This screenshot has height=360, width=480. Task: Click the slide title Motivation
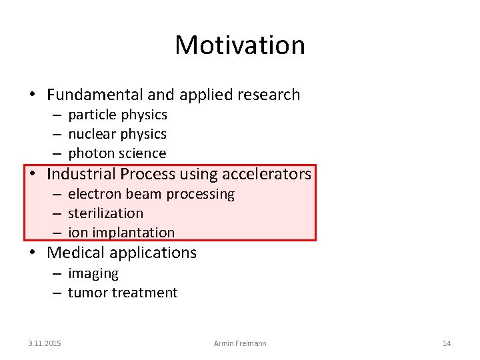click(x=240, y=45)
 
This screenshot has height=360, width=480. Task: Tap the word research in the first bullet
click(x=269, y=95)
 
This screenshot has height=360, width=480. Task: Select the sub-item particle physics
click(x=117, y=115)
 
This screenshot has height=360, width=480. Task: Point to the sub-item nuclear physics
click(x=117, y=134)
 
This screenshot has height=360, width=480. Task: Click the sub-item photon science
click(x=117, y=153)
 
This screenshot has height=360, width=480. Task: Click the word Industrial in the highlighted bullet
click(x=82, y=175)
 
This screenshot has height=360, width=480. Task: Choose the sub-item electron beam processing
click(x=151, y=194)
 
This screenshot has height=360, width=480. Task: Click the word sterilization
click(x=105, y=213)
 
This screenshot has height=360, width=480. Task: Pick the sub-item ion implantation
click(x=121, y=233)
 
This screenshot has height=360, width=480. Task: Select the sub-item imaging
click(x=93, y=273)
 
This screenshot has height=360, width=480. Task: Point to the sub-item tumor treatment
click(x=123, y=293)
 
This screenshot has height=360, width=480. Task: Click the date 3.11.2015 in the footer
click(x=45, y=343)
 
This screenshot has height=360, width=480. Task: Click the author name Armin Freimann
click(x=240, y=343)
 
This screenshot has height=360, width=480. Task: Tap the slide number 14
click(x=447, y=343)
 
